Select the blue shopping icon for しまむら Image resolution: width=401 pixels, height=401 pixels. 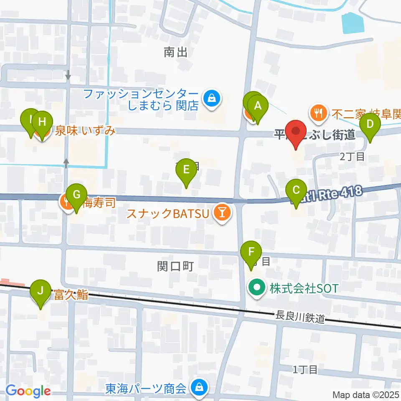click(212, 99)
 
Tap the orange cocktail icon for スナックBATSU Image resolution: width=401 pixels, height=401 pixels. click(222, 213)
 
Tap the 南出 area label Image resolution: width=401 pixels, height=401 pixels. click(175, 52)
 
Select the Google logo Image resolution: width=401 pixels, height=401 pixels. click(28, 391)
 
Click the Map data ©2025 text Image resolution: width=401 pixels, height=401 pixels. click(366, 395)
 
